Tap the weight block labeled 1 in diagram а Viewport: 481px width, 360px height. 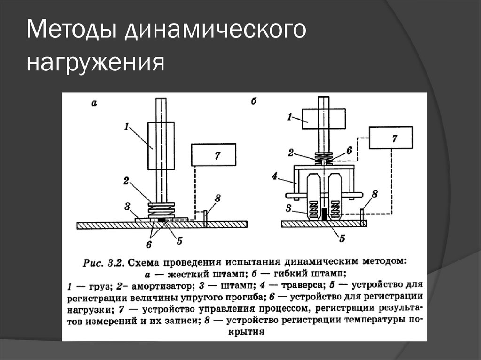tap(161, 146)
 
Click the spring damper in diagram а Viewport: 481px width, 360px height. tap(161, 208)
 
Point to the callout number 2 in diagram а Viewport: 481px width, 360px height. tap(126, 179)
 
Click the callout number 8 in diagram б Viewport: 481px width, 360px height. tap(374, 193)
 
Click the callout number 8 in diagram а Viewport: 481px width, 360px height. tap(217, 198)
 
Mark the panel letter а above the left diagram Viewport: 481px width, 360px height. tap(93, 104)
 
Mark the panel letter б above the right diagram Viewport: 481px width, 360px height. tap(254, 101)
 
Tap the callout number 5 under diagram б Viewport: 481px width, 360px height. tap(341, 238)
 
